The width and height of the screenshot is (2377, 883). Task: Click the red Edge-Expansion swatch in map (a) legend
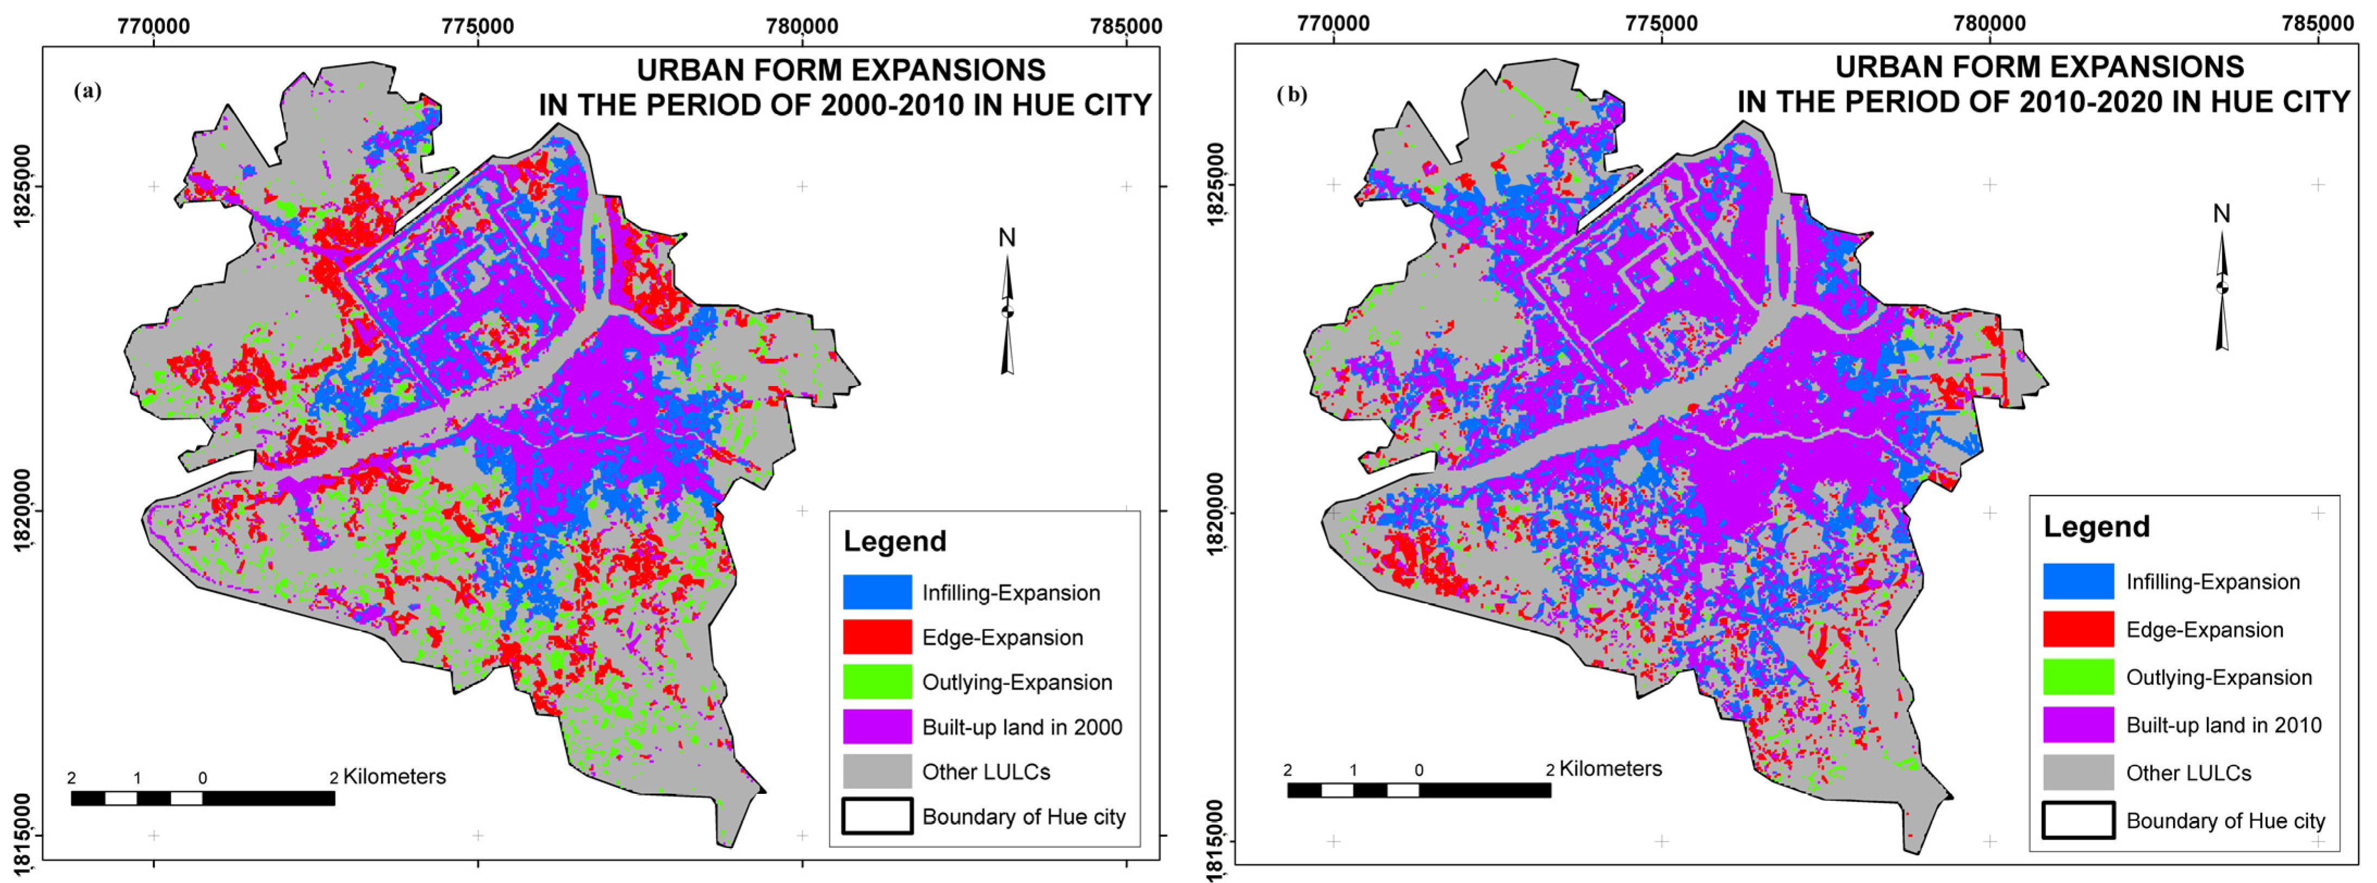[877, 637]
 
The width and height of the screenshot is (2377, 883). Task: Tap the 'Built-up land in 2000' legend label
[1021, 727]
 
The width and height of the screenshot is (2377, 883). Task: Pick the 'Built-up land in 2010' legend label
[2223, 725]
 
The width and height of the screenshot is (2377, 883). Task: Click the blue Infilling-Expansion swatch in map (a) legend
[877, 592]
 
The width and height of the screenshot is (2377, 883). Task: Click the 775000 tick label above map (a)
[477, 26]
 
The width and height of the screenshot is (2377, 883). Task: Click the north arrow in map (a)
[1007, 314]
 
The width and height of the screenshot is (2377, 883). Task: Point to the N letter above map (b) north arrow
[2221, 214]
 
